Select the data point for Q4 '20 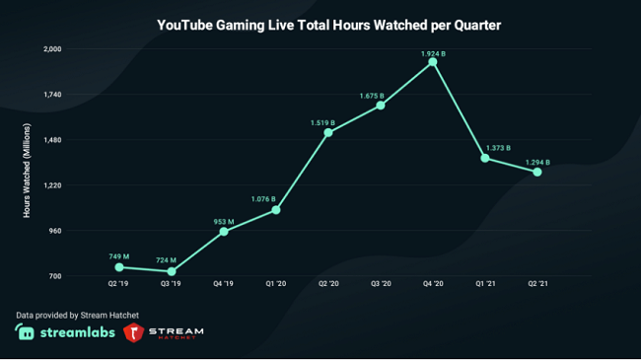pyautogui.click(x=433, y=62)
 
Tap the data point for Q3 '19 pyautogui.click(x=172, y=271)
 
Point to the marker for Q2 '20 pyautogui.click(x=328, y=132)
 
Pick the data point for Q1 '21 pyautogui.click(x=485, y=158)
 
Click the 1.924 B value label pyautogui.click(x=434, y=51)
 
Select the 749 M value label pyautogui.click(x=119, y=256)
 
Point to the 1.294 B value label pyautogui.click(x=537, y=162)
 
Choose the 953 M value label pyautogui.click(x=225, y=221)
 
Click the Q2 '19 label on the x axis pyautogui.click(x=119, y=284)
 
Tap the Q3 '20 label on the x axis pyautogui.click(x=381, y=284)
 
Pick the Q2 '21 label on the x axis pyautogui.click(x=537, y=284)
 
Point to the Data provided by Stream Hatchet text pyautogui.click(x=77, y=316)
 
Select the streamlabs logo pyautogui.click(x=63, y=334)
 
